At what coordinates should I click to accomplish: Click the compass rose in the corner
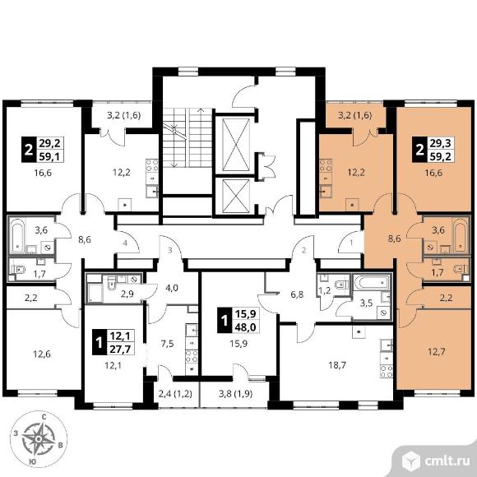[39, 439]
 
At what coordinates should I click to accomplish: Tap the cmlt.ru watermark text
[447, 462]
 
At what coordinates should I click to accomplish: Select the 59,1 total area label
[49, 156]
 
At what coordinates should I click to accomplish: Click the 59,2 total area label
[440, 157]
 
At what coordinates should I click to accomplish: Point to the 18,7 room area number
[337, 365]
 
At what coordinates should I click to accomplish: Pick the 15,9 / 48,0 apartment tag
[238, 320]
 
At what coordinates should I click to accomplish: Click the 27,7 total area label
[119, 350]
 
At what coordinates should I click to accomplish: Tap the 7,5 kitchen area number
[167, 344]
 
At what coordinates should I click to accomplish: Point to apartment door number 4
[125, 243]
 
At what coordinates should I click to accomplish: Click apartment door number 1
[351, 243]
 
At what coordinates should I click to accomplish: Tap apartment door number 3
[170, 251]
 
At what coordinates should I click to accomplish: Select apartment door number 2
[303, 251]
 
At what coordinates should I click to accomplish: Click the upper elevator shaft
[236, 145]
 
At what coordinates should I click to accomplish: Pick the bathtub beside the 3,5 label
[372, 283]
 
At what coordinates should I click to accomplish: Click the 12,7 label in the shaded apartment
[436, 352]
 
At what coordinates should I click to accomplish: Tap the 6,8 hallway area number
[297, 294]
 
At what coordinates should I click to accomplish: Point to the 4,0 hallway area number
[172, 288]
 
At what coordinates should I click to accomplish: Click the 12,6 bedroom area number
[42, 354]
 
